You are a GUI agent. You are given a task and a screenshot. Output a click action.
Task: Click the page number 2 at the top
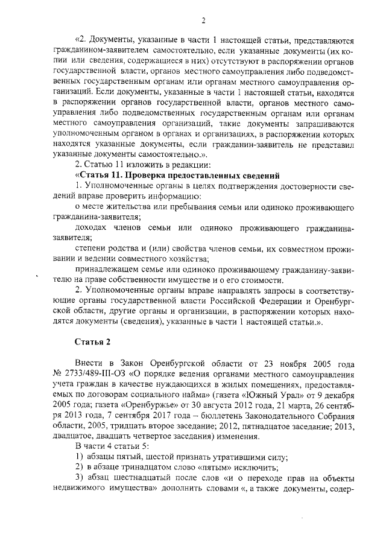204,21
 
